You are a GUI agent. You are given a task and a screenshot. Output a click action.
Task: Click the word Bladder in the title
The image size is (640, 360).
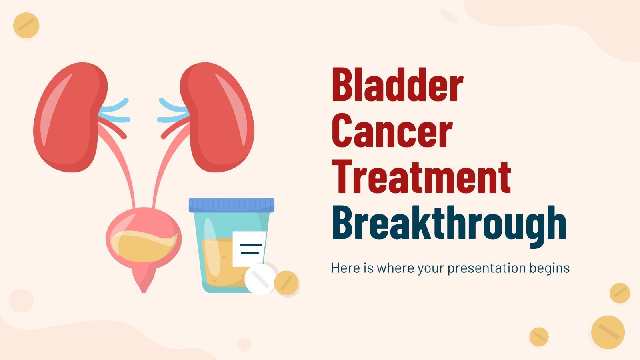(x=397, y=85)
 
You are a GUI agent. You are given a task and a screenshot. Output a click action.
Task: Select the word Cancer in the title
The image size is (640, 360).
(x=392, y=131)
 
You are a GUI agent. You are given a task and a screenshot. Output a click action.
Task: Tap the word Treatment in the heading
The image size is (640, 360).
(x=421, y=177)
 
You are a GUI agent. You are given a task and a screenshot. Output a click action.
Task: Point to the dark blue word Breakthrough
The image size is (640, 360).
(x=449, y=223)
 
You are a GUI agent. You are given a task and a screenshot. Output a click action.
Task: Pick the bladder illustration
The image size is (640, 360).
(x=143, y=240)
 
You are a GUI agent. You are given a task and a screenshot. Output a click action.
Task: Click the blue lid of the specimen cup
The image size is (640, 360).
(x=232, y=205)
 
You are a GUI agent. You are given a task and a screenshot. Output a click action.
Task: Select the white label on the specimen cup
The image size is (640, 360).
(x=249, y=248)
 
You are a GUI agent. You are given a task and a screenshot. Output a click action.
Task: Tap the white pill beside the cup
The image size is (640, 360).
(x=260, y=279)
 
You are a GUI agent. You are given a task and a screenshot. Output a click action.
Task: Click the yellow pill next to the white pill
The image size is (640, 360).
(x=286, y=283)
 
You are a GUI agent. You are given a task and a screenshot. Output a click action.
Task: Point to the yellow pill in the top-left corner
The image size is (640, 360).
(x=26, y=26)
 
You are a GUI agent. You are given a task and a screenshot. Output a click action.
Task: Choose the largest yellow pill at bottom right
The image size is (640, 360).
(x=608, y=332)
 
